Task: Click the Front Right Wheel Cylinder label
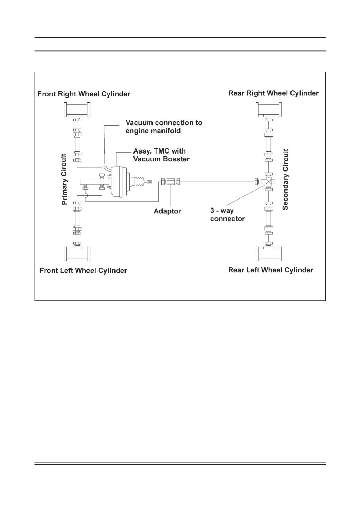[x=84, y=94]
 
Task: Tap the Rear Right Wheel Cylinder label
[x=274, y=93]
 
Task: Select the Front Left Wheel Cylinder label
[x=83, y=271]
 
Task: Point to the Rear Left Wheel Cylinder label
[x=271, y=270]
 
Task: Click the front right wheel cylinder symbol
[x=77, y=110]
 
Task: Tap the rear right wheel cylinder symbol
[x=269, y=110]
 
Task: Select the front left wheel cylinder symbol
[x=77, y=253]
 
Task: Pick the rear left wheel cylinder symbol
[x=269, y=253]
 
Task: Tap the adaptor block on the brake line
[x=170, y=182]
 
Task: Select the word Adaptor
[x=167, y=211]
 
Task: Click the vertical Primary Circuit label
[x=65, y=179]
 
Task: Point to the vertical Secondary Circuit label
[x=285, y=179]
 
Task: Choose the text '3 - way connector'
[x=228, y=214]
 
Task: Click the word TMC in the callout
[x=161, y=151]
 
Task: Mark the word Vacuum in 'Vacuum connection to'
[x=140, y=123]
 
